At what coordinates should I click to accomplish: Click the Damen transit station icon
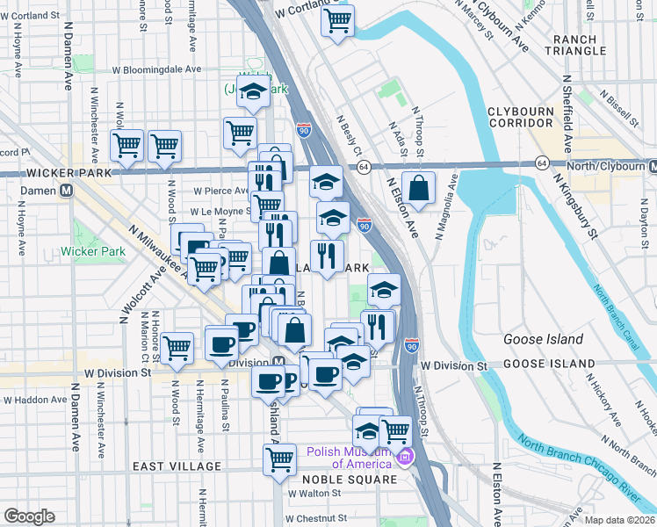pos(65,191)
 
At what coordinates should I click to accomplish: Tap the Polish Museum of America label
pos(349,458)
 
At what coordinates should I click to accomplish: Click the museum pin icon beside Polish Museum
pos(405,458)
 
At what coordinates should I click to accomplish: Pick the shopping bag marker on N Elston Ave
pos(421,187)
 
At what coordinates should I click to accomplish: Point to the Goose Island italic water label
pos(542,339)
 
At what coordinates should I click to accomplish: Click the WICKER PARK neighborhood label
pos(56,173)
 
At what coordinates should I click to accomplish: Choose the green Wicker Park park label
pos(92,252)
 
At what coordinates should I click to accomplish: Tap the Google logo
pos(29,516)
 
